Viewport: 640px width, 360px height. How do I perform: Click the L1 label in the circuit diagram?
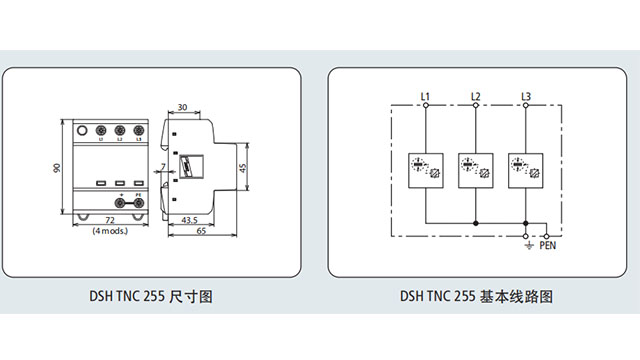pos(424,96)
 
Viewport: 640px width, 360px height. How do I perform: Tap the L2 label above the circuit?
pos(476,96)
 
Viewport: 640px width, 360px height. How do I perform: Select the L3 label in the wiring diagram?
pos(526,96)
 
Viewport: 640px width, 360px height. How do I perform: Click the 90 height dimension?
pos(58,168)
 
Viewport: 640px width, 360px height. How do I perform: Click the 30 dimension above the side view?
pos(183,106)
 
